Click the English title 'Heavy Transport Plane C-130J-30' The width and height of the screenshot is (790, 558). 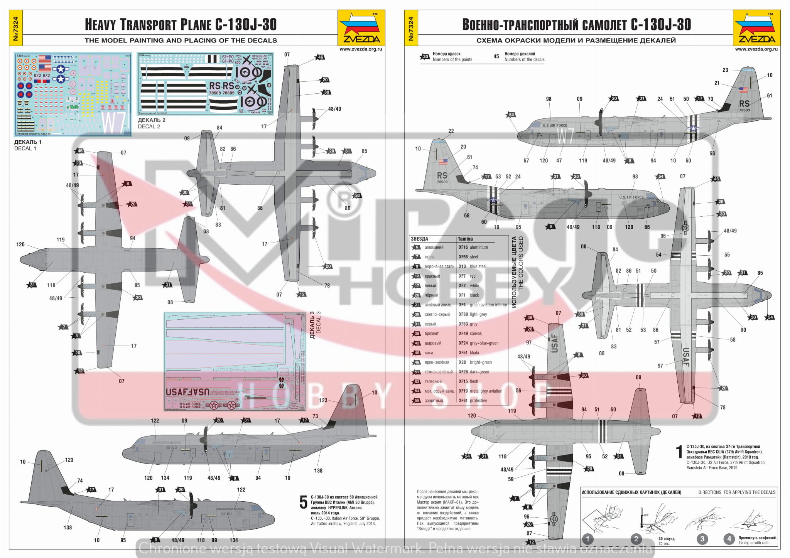[181, 24]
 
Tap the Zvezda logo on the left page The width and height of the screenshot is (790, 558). [361, 28]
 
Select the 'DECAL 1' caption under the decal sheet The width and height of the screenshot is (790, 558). [25, 148]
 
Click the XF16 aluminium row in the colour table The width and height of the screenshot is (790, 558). [473, 247]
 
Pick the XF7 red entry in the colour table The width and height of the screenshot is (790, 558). [467, 276]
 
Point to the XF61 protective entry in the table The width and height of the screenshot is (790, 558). [473, 401]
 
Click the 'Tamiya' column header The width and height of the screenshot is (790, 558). [465, 239]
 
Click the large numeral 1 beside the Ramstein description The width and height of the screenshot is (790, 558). [679, 452]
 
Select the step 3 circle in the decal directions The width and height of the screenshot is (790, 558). [702, 539]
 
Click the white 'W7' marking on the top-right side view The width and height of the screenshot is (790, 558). [565, 136]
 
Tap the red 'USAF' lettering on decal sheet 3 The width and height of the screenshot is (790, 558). [188, 392]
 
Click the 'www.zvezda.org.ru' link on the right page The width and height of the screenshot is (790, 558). [756, 49]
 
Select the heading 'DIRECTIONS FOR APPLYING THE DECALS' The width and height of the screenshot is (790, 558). [736, 492]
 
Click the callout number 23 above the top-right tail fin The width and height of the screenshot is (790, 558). [725, 70]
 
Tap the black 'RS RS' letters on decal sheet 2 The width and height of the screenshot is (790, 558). [221, 86]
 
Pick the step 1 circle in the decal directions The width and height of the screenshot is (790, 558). [587, 539]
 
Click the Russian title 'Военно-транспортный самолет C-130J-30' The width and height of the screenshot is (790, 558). [576, 24]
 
